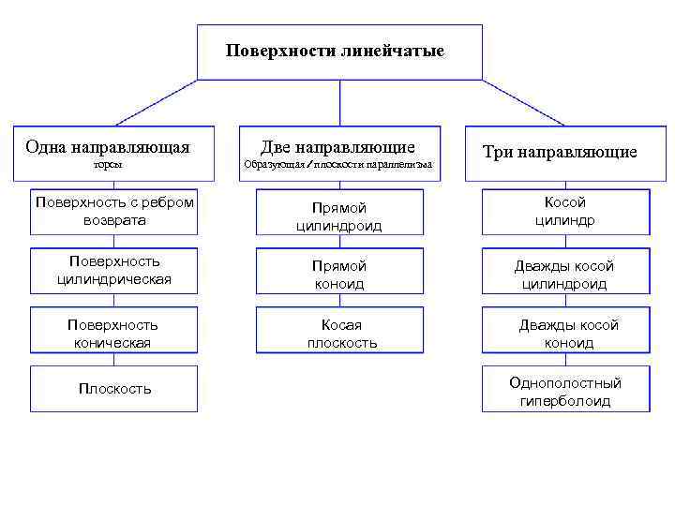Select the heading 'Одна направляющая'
108,147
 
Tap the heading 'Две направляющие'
337,147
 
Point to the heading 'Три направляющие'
560,152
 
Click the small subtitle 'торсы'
108,165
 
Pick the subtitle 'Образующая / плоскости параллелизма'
337,165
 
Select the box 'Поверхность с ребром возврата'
114,211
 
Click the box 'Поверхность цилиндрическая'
114,270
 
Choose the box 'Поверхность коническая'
114,334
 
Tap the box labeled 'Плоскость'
114,389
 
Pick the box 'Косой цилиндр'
565,211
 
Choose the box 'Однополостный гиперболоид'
565,392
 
